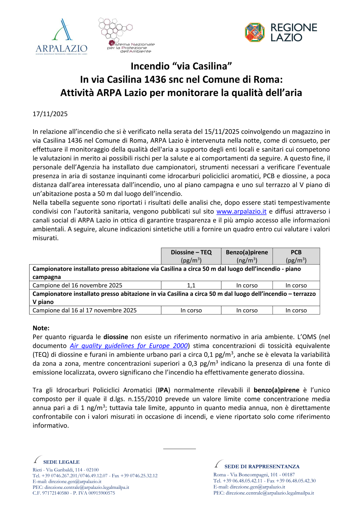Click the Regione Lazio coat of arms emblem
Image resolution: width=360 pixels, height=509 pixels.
(255, 32)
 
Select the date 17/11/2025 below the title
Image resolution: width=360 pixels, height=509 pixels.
(50, 114)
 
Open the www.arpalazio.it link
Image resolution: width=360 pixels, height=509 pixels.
(241, 212)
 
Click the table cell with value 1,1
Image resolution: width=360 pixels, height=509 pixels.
(191, 285)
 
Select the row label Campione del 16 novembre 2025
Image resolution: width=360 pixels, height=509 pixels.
(77, 285)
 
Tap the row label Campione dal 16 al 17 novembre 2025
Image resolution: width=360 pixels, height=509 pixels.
(85, 310)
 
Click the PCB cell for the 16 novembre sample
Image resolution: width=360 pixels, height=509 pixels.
(296, 285)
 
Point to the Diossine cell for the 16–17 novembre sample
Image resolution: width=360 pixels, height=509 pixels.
(191, 310)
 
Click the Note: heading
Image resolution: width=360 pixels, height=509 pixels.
(41, 328)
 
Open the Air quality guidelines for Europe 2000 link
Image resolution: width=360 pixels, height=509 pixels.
(129, 346)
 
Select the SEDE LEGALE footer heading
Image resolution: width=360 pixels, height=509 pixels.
(61, 462)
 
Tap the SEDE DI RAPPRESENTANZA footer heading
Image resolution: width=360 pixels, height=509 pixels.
(262, 467)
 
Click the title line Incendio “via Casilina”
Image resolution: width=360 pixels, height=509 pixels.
(181, 66)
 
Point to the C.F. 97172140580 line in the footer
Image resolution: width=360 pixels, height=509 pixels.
(74, 493)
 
